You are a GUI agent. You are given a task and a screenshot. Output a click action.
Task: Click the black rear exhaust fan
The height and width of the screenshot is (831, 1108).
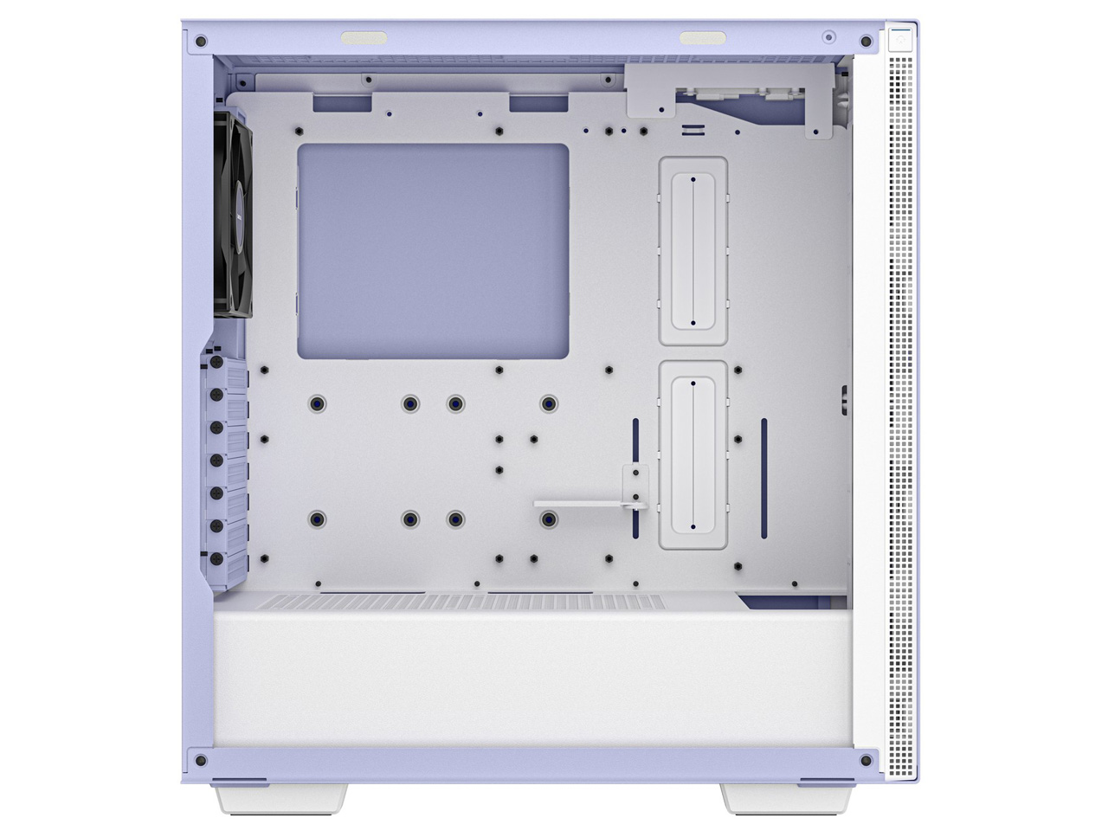[x=230, y=216]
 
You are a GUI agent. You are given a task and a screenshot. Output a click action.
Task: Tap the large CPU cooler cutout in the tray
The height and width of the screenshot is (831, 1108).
[x=433, y=251]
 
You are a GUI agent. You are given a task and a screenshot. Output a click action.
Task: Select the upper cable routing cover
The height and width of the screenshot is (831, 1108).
[x=692, y=252]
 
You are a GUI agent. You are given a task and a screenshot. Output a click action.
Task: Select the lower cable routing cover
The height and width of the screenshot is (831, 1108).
[x=692, y=454]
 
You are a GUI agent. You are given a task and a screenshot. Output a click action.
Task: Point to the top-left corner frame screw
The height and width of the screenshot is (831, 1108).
[x=201, y=41]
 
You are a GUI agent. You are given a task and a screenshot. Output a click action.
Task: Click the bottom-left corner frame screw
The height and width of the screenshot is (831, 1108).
[x=201, y=760]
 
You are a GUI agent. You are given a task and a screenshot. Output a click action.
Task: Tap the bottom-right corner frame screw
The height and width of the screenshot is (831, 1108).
[x=866, y=760]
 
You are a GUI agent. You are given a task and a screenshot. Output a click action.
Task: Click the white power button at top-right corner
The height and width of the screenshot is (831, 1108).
[x=900, y=40]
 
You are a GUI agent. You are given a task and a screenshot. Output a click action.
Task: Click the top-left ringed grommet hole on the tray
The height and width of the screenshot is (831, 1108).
[x=318, y=403]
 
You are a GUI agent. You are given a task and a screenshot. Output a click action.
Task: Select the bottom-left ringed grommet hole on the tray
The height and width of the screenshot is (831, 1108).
[x=318, y=519]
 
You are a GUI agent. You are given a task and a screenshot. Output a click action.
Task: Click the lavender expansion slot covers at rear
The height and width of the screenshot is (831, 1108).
[x=229, y=467]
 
